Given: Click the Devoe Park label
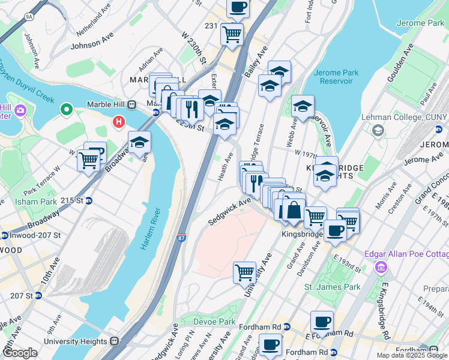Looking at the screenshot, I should tap(214, 322).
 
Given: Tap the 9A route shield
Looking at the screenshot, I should tap(29, 17).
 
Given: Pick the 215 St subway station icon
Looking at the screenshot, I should tap(89, 200).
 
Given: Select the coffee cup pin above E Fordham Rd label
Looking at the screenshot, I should tap(322, 322).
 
